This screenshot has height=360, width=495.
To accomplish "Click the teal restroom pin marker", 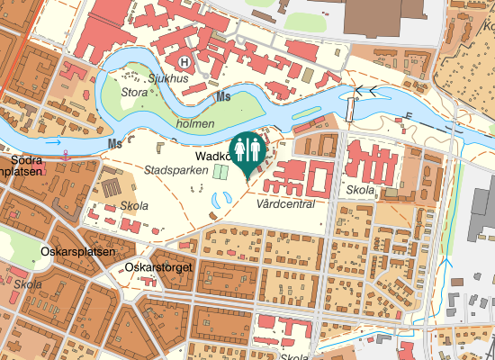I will pos(247,151).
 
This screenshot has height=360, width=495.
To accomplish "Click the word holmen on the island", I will pos(196,123).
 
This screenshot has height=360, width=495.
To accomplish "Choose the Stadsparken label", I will pos(171,169).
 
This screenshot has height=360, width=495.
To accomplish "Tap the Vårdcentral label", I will pos(284,204).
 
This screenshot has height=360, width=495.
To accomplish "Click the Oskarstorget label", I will pos(162,267).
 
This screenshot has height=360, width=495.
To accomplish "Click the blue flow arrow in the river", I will pos(54,141).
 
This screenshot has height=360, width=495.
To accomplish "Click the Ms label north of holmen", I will pos(222,95).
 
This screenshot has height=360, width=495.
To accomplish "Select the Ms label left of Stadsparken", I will pos(114,144).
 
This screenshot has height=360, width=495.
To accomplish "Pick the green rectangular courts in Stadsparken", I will pos(222,170).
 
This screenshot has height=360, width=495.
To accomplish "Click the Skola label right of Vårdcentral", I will pos(360,191).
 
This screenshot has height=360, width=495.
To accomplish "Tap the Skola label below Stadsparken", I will pos(133,205).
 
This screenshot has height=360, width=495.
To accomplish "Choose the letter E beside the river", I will pos(409,115).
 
